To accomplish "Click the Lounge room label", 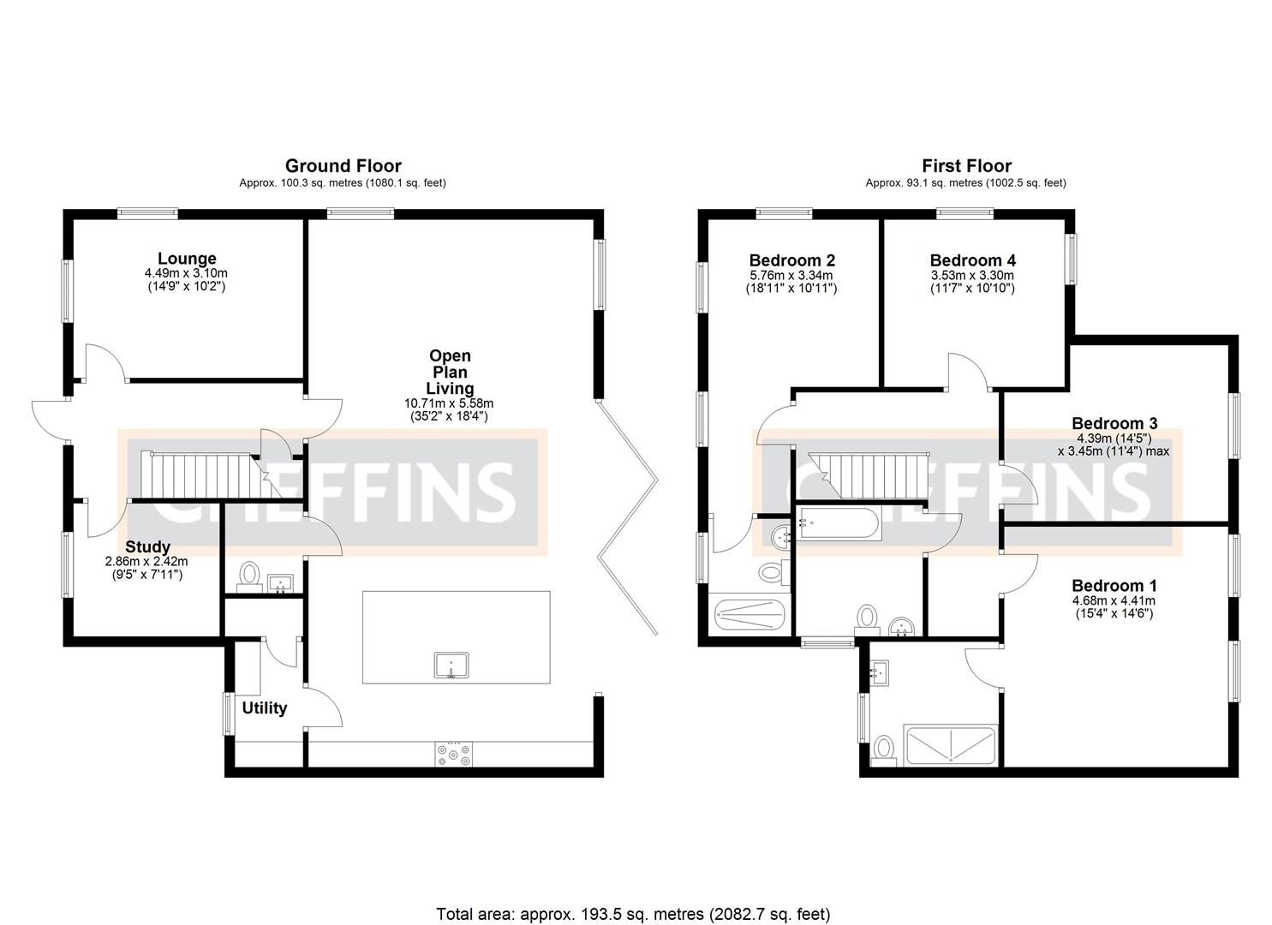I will [x=187, y=259].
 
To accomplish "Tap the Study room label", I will [x=147, y=546].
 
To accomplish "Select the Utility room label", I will [x=264, y=708].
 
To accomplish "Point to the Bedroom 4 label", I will [x=972, y=260].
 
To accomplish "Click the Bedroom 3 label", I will [x=1114, y=423].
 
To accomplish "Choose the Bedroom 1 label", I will [x=1114, y=586].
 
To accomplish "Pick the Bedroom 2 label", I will [x=791, y=260].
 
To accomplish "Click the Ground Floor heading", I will [x=343, y=166].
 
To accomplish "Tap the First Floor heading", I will [x=966, y=166].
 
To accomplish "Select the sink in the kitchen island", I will [x=451, y=665].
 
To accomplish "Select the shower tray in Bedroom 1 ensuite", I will [x=951, y=747].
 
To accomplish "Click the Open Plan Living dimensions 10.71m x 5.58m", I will [x=449, y=403].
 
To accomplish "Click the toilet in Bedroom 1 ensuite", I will [x=883, y=749].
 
